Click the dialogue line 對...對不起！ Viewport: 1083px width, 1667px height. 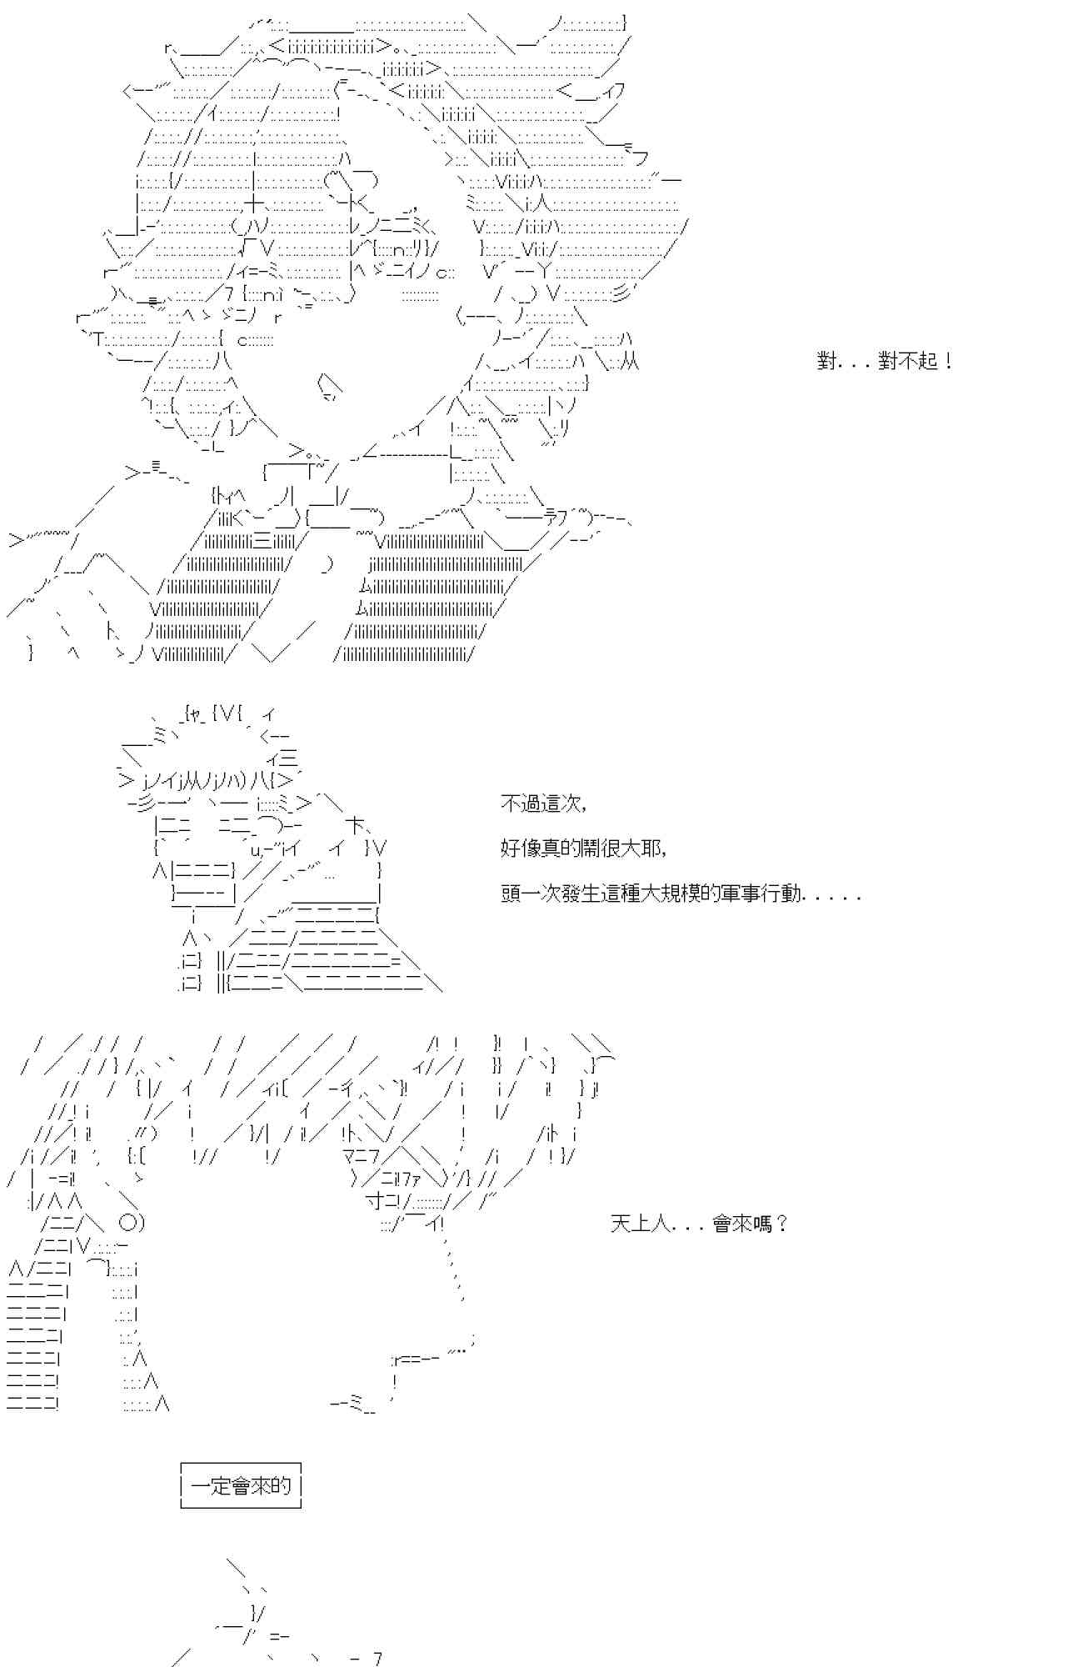[x=885, y=361]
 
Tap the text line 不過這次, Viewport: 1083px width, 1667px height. [x=543, y=804]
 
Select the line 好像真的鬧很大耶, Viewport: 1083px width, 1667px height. [x=583, y=849]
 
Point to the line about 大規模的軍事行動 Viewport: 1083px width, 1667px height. [x=681, y=894]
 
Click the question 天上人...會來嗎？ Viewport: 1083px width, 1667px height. [x=698, y=1224]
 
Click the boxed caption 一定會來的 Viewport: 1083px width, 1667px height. [x=241, y=1485]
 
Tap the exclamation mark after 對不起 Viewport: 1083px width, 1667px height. [x=949, y=361]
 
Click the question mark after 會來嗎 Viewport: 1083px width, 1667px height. [x=781, y=1224]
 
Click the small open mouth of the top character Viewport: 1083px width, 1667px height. [x=330, y=387]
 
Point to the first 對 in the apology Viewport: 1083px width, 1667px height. [x=827, y=361]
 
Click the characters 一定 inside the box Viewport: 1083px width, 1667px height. [x=212, y=1485]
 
